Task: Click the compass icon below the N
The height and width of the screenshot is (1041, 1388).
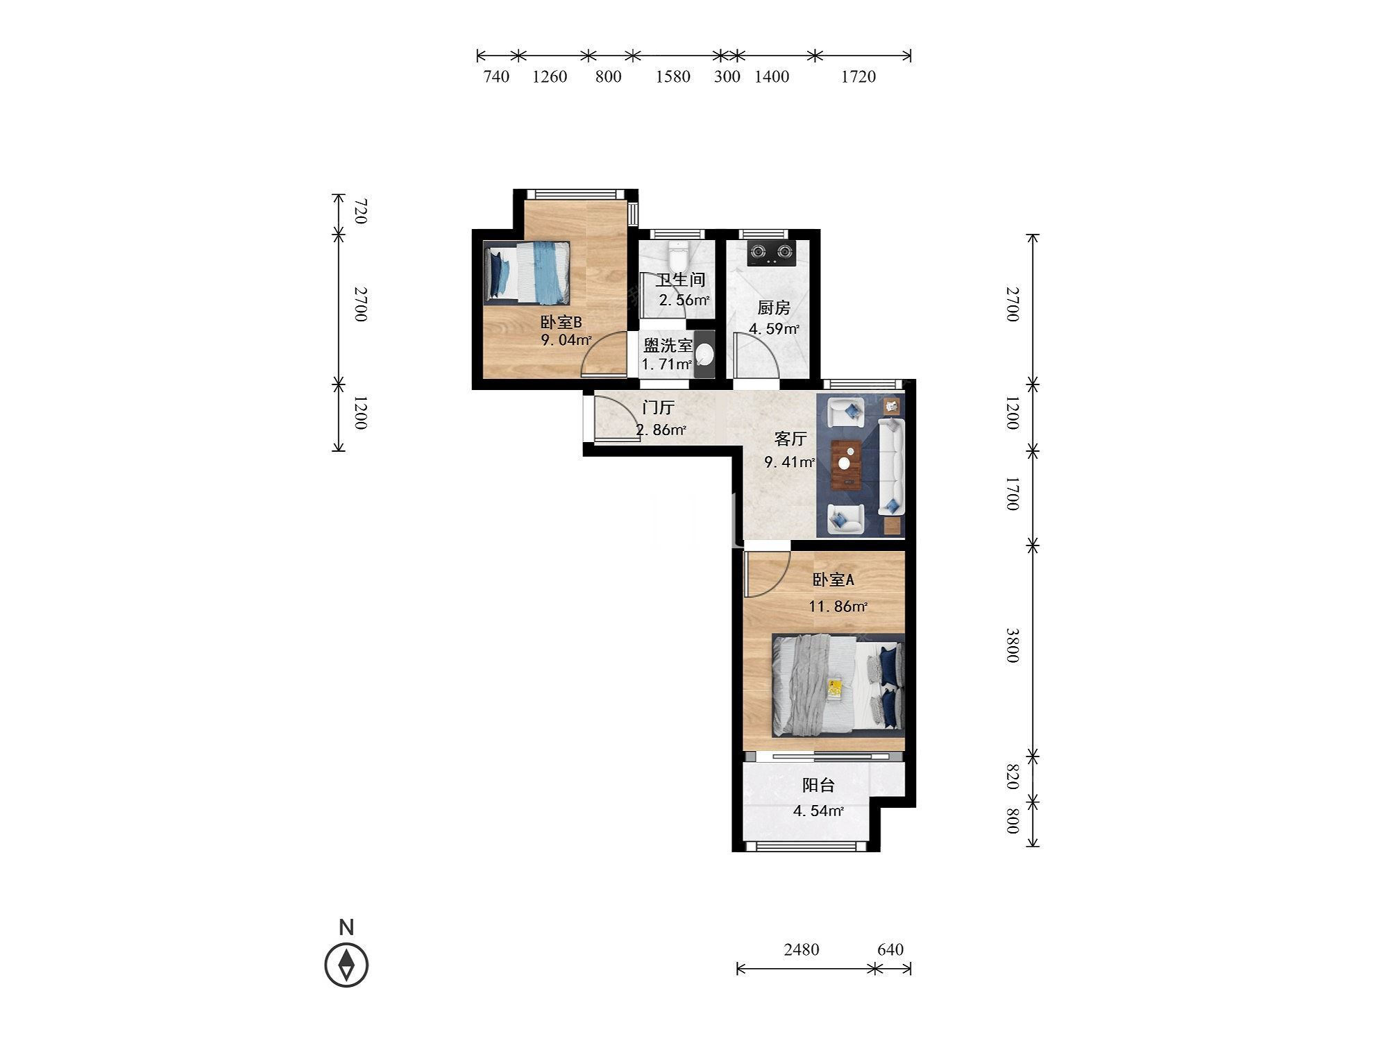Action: tap(346, 965)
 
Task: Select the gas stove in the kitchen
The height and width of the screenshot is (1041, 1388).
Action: tap(770, 253)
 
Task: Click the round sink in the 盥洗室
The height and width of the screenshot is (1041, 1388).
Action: tap(704, 354)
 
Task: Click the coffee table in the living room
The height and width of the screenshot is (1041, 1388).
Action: tap(846, 464)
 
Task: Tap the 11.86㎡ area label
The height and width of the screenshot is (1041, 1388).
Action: tap(838, 607)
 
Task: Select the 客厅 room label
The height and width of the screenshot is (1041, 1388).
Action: tap(790, 439)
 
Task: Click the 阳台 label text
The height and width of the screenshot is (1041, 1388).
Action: tap(818, 785)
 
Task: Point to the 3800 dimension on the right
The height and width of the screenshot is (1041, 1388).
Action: tap(1012, 645)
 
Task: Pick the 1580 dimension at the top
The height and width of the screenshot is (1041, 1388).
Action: tap(673, 76)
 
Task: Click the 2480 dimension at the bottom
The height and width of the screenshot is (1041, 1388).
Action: tap(802, 949)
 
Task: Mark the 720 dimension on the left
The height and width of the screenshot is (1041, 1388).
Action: tap(360, 211)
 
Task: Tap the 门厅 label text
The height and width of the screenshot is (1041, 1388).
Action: tap(658, 407)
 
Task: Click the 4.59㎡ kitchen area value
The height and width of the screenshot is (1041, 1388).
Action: tap(774, 329)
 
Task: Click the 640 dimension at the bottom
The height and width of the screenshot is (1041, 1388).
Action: tap(890, 949)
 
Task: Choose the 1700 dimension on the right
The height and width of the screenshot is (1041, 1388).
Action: tap(1012, 493)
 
